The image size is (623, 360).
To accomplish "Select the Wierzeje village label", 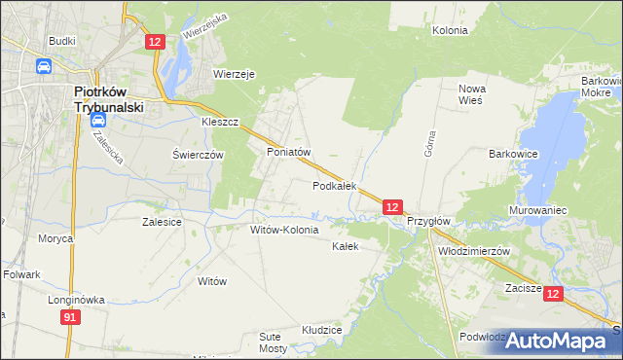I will click(x=234, y=73).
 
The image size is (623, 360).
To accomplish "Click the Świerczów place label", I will click(x=199, y=155).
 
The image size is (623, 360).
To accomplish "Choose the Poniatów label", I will click(x=288, y=153).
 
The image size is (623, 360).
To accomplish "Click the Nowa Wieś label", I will click(x=472, y=95).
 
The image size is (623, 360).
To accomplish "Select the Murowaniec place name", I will click(x=537, y=210).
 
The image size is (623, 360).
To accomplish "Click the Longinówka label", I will click(x=76, y=300).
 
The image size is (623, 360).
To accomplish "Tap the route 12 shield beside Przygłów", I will click(x=391, y=207).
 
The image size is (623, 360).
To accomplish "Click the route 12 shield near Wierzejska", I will click(x=156, y=41).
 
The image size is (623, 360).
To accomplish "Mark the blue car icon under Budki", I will click(x=44, y=66).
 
